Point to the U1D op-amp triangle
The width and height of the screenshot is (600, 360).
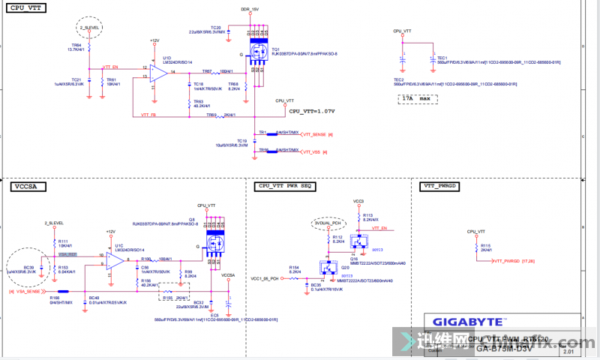pos(157,72)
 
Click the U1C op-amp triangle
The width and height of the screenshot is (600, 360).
pos(115,259)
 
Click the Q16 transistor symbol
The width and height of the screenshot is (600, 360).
pos(362,241)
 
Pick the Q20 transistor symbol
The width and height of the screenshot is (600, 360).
pos(328,267)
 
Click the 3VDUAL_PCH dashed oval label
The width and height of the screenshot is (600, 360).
pos(328,223)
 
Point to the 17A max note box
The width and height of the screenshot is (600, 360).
pos(417,98)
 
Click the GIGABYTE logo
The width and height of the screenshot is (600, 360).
pos(469,321)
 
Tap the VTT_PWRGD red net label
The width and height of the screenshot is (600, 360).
pos(514,260)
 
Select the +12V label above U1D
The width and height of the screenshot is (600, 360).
pos(154,40)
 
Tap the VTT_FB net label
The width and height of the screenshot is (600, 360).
pos(149,115)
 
